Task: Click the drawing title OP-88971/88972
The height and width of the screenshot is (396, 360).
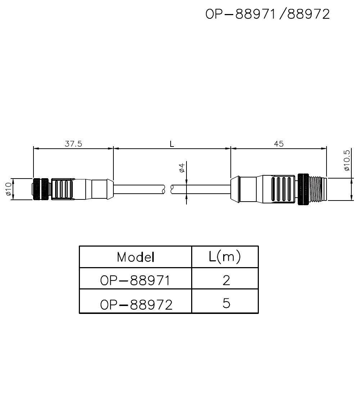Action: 267,14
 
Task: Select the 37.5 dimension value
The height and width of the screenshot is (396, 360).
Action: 73,144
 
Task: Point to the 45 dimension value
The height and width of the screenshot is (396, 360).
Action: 279,144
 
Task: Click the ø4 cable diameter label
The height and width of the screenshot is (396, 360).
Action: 182,168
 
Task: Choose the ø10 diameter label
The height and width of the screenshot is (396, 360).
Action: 8,189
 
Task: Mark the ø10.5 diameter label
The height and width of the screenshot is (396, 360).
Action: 347,161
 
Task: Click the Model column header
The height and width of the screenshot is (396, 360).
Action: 136,257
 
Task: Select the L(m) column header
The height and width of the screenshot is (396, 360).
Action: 225,257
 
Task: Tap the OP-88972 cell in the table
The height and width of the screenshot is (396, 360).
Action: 136,305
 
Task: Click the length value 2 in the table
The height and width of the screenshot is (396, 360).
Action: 226,280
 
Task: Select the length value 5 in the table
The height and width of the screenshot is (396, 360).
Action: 226,303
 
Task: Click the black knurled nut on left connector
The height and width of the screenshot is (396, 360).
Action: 41,189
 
